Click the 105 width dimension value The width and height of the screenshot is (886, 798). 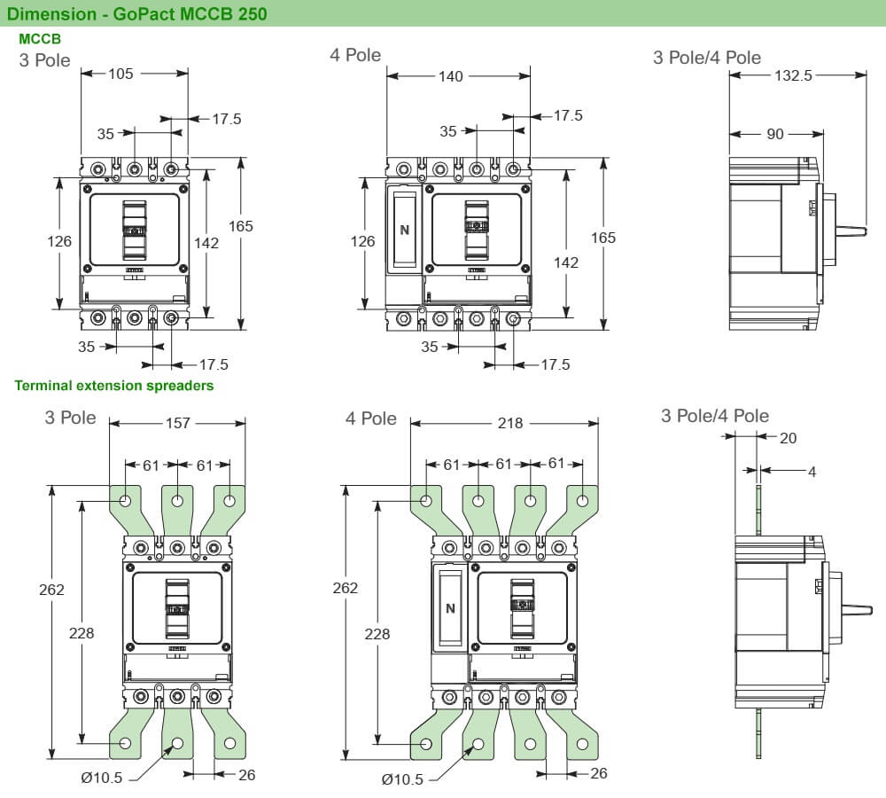120,74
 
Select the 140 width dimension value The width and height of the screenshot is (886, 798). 451,76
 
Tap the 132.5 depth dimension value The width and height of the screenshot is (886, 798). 793,76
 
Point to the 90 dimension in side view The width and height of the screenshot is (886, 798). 775,134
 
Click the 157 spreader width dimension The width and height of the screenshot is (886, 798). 179,423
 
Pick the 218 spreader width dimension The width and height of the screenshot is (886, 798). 510,424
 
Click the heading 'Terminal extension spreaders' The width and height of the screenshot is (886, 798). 113,386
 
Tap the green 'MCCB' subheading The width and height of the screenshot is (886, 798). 39,39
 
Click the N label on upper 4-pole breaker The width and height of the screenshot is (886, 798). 405,230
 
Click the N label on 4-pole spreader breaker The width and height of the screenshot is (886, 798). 450,608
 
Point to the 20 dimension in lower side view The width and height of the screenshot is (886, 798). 788,437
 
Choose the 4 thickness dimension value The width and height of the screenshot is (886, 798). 812,472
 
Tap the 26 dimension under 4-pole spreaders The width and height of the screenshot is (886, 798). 599,774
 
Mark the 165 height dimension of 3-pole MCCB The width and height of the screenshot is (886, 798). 241,226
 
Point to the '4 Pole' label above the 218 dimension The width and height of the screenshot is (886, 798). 370,418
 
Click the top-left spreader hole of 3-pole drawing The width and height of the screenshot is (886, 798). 126,501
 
